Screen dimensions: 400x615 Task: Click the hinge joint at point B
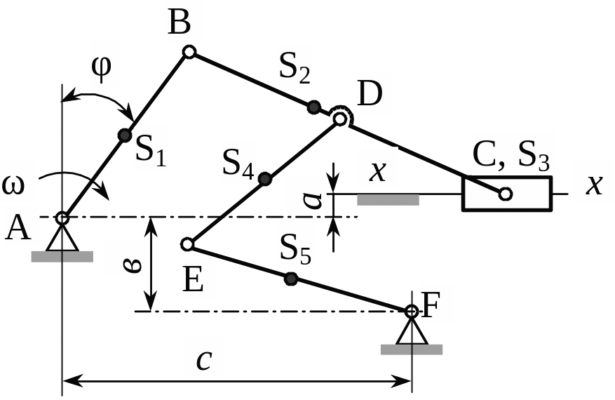click(x=189, y=51)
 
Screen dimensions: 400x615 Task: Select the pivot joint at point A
click(x=62, y=218)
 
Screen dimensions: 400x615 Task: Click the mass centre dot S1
click(x=124, y=135)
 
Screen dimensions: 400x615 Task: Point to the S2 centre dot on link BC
click(x=314, y=107)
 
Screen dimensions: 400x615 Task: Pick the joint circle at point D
click(x=340, y=119)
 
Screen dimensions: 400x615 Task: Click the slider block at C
click(x=506, y=194)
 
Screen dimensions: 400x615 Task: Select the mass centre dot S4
click(x=265, y=179)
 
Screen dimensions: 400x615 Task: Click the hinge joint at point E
click(x=187, y=244)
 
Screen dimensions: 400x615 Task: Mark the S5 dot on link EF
click(x=290, y=279)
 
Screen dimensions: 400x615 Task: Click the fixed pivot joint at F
click(x=412, y=311)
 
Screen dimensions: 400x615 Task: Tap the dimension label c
click(x=204, y=359)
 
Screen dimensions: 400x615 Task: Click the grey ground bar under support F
click(x=411, y=349)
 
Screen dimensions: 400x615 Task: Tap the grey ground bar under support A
click(x=62, y=257)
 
